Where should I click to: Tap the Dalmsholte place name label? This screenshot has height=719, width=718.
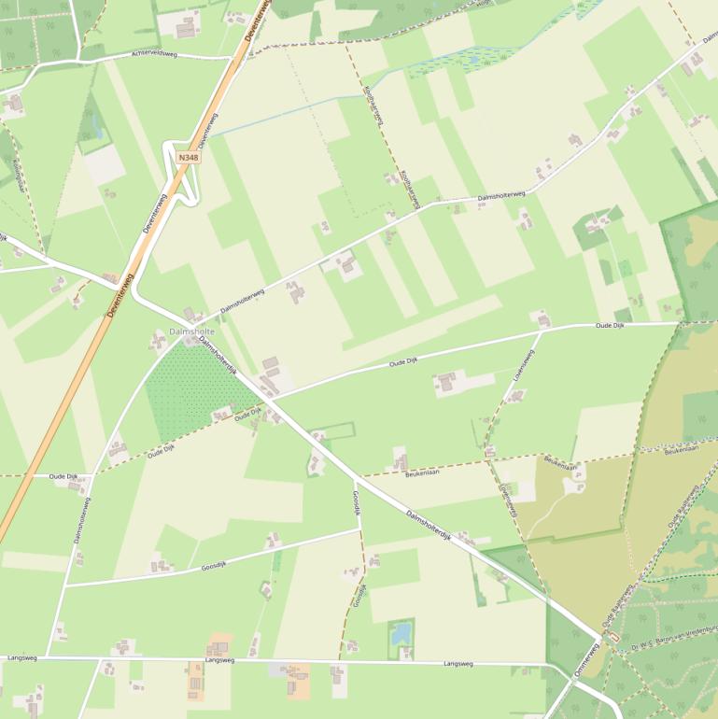(191, 331)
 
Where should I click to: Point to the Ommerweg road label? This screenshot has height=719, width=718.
(585, 660)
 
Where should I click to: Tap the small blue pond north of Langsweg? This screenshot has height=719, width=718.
(401, 633)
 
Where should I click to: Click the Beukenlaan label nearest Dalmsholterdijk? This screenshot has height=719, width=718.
(422, 473)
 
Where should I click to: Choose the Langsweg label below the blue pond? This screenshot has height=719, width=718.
(458, 664)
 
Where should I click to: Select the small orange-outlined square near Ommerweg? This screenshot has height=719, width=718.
(612, 638)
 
